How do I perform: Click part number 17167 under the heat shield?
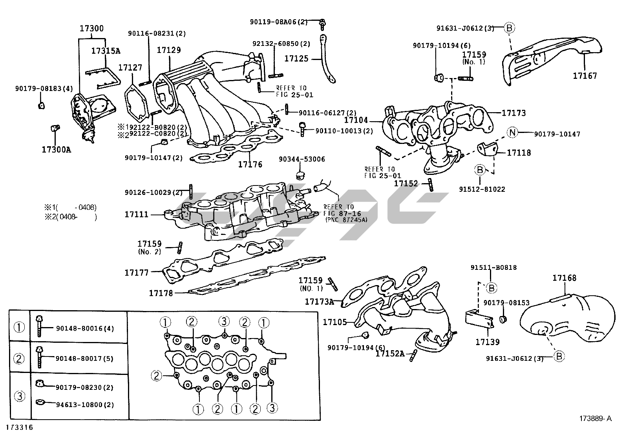click(x=585, y=76)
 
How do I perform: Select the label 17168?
click(x=564, y=278)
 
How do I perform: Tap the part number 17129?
click(x=169, y=50)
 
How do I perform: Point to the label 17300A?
click(x=57, y=149)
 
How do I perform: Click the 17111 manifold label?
click(x=137, y=215)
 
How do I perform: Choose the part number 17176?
click(x=250, y=164)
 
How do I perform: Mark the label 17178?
click(x=161, y=293)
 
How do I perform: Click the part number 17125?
click(x=296, y=59)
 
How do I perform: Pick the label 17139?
click(x=487, y=342)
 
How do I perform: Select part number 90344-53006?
click(x=302, y=159)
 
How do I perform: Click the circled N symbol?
click(x=512, y=133)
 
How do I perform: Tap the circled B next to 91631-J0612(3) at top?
click(x=509, y=28)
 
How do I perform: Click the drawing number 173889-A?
click(x=595, y=418)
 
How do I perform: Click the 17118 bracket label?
click(x=519, y=153)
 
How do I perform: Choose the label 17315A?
click(x=106, y=51)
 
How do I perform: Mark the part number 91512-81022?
click(x=482, y=189)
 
